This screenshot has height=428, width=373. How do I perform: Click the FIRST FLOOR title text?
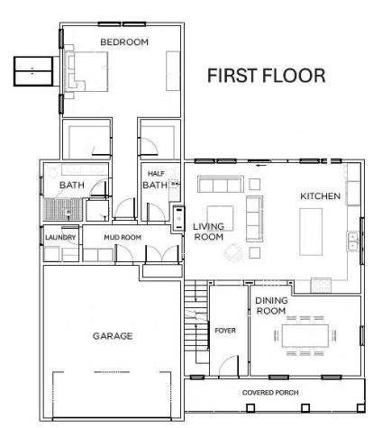[266, 76]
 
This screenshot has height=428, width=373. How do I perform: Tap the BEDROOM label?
[123, 42]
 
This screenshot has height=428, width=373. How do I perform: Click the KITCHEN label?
[320, 196]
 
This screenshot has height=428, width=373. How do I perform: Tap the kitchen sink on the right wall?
[350, 241]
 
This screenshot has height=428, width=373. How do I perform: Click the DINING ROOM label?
[270, 305]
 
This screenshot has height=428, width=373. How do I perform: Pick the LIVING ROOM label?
[209, 232]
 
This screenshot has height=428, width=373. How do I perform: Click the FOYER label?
[224, 330]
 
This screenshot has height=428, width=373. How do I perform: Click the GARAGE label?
[113, 336]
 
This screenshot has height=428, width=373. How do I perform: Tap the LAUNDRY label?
[60, 238]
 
